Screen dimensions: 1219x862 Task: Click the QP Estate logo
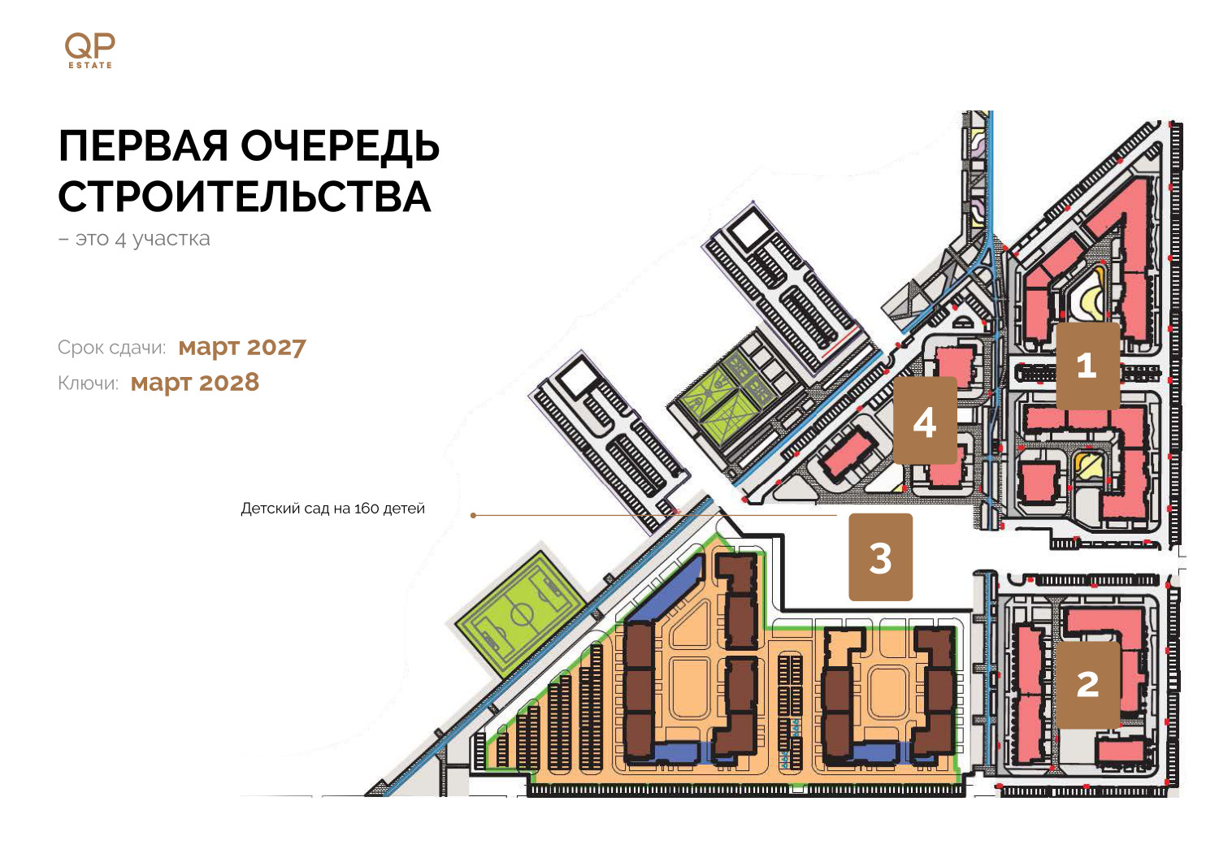[89, 50]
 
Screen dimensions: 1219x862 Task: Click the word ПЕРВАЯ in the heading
[143, 146]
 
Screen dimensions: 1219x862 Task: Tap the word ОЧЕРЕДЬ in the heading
[341, 146]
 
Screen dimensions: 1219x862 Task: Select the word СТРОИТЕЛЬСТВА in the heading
[245, 196]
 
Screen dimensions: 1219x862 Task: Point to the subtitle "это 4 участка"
[142, 239]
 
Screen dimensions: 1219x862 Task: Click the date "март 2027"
[242, 347]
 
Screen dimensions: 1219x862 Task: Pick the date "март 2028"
[195, 383]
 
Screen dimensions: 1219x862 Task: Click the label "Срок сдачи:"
[111, 348]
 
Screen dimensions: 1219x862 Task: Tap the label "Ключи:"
[88, 383]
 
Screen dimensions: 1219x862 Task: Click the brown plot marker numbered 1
[1088, 366]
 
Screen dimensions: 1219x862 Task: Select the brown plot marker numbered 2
[1088, 685]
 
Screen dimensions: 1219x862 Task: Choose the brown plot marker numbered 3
[880, 557]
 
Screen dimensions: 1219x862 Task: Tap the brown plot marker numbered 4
[925, 420]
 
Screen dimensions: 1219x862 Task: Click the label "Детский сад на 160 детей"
[332, 509]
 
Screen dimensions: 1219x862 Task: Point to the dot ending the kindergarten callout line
[474, 515]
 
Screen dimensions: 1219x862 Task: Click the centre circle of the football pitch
[522, 616]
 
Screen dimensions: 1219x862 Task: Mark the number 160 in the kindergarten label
[367, 509]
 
